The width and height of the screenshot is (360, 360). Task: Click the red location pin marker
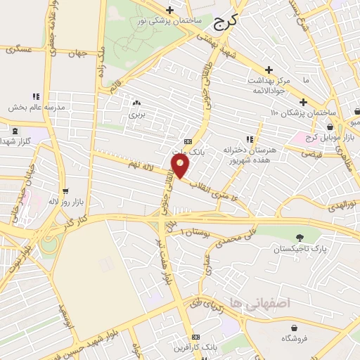coord(181,167)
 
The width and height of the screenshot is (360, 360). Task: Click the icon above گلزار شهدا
coord(15,129)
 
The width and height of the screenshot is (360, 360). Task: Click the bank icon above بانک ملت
coord(187,139)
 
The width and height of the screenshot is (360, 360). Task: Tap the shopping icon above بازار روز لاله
coord(65,190)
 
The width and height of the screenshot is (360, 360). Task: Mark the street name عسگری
coord(18,50)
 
